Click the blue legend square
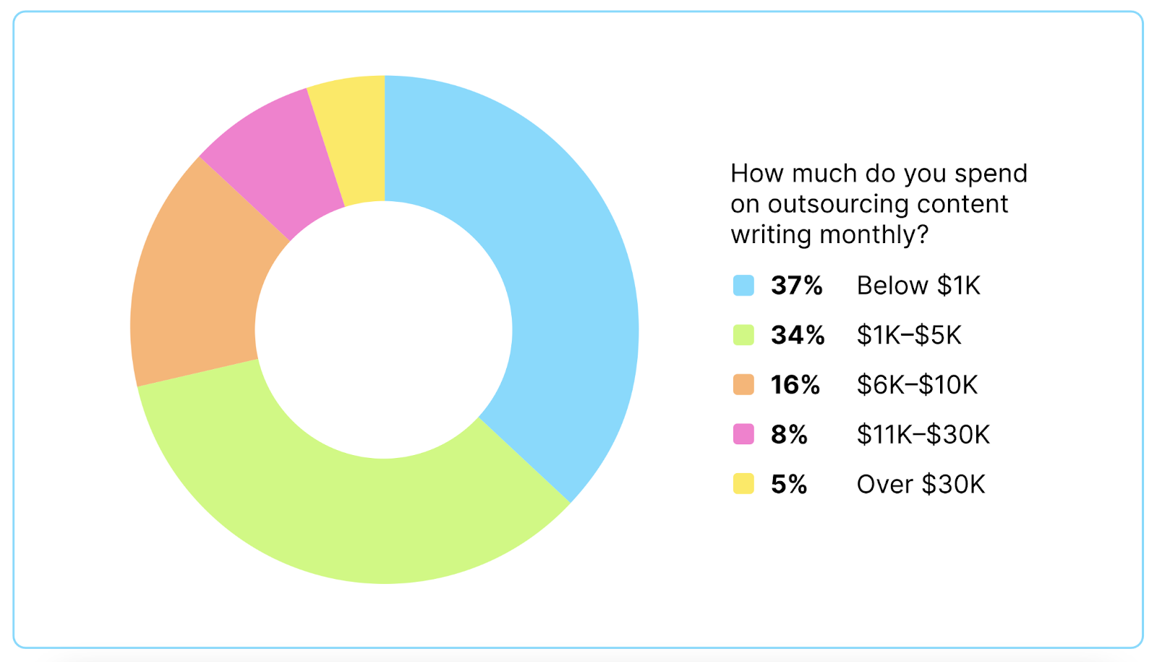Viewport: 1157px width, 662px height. tap(743, 286)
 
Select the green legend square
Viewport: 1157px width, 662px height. tap(743, 335)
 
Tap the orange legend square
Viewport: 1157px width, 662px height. tap(743, 385)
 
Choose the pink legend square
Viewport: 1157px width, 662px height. tap(743, 434)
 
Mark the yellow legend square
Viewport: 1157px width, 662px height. tap(743, 484)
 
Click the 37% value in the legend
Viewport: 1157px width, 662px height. tap(796, 286)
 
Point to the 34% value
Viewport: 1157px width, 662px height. tap(797, 335)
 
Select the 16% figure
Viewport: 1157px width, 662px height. tap(795, 385)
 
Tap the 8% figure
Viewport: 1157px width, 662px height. tap(788, 434)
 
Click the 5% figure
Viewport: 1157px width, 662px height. tap(788, 484)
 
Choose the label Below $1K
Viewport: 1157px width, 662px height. tap(918, 286)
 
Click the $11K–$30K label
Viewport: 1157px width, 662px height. tap(923, 434)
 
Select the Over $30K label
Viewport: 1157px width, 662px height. tap(921, 484)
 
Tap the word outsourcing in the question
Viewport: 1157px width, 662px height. tap(837, 205)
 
